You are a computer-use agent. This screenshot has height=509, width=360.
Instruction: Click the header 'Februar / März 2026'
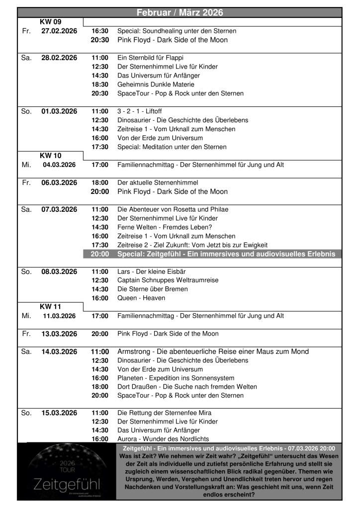coord(180,12)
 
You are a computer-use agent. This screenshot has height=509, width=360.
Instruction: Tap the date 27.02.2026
coord(59,31)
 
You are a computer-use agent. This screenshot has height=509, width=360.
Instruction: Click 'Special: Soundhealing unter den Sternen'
coord(177,31)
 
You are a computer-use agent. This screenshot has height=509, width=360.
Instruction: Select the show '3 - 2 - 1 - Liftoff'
coord(142,111)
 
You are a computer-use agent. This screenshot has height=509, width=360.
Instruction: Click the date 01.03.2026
coord(59,111)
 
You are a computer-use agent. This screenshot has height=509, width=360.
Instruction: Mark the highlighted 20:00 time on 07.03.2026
coord(99,254)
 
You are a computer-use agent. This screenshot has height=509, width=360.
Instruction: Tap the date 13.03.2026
coord(59,334)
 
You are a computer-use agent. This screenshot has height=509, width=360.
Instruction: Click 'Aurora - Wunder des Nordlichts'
coord(163,439)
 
